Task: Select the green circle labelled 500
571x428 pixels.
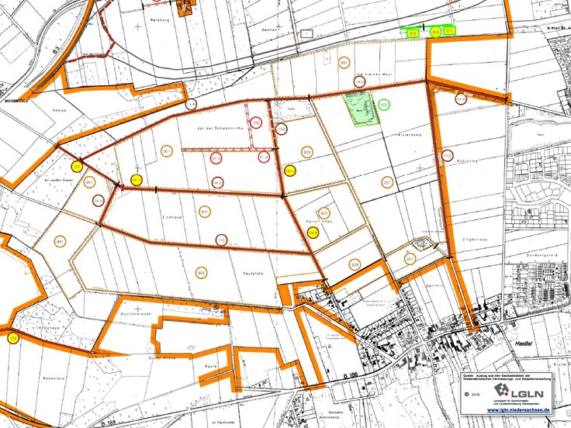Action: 383,105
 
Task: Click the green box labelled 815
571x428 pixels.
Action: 412,33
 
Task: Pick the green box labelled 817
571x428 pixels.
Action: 450,31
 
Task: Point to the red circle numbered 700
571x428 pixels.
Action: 256,123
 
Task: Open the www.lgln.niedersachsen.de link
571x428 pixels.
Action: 519,409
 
